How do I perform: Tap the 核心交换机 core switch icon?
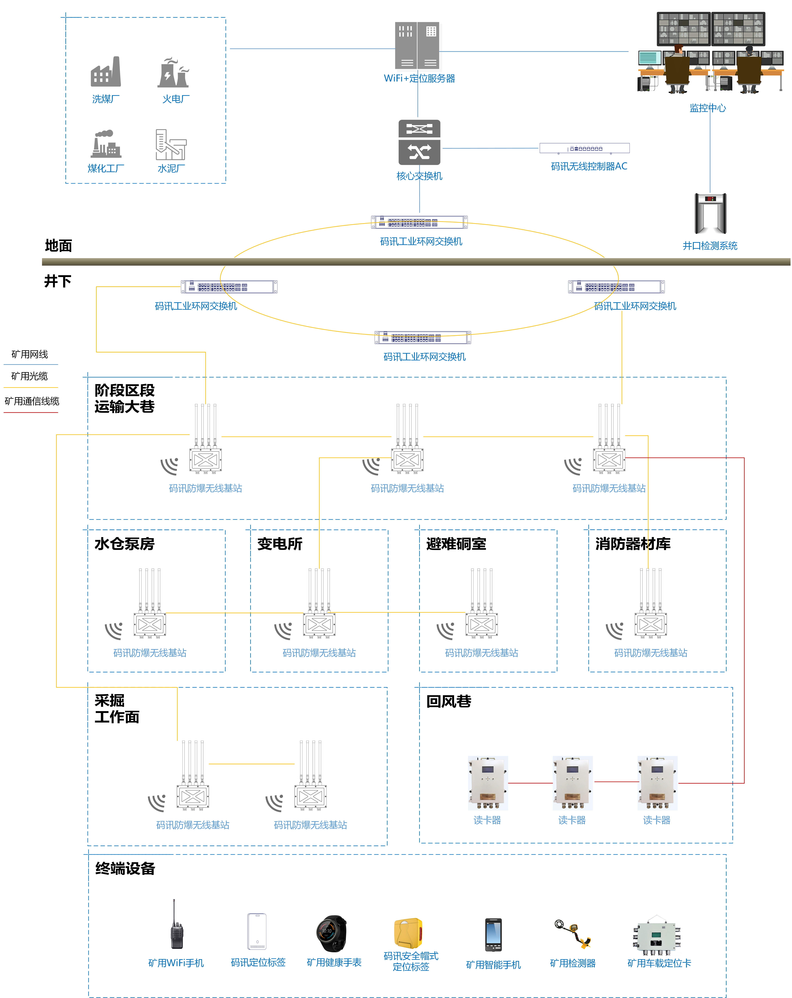[419, 143]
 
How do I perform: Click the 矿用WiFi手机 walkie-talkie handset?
[176, 926]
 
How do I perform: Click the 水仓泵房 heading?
[124, 544]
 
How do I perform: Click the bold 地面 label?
[58, 246]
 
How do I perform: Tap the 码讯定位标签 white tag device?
[257, 931]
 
